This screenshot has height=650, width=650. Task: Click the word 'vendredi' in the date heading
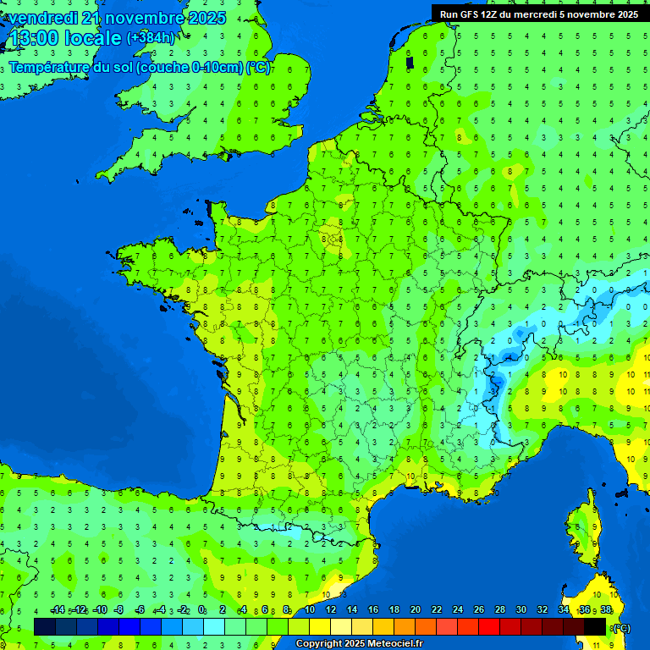pos(41,18)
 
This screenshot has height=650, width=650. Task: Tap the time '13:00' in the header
pos(32,39)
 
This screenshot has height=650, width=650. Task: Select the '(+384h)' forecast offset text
pos(151,38)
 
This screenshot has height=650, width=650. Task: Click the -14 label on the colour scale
pos(57,610)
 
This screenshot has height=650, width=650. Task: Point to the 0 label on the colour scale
pos(202,610)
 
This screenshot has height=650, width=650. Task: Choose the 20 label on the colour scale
pos(416,610)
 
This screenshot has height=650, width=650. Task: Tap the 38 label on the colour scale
pos(605,610)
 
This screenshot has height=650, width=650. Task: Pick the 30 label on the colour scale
pos(521,610)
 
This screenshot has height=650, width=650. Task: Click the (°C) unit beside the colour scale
pos(621,628)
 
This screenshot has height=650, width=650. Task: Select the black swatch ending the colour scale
pos(595,626)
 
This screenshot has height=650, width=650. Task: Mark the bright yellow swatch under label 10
pos(320,626)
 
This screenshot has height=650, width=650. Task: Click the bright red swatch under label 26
pos(489,626)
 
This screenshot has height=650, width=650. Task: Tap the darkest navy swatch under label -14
pos(45,626)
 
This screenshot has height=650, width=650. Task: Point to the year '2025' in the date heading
pos(207,18)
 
